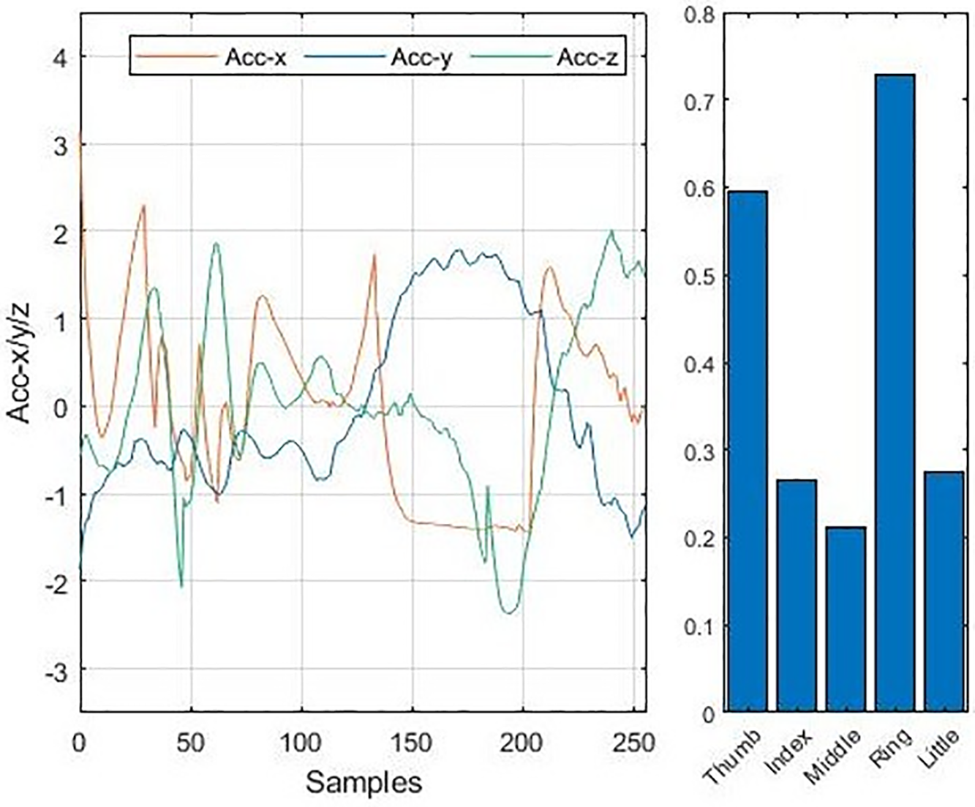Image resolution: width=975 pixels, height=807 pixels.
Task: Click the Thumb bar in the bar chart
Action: coord(747,451)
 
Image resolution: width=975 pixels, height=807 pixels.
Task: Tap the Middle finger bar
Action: coord(846,618)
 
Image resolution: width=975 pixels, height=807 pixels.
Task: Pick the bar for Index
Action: coord(797,595)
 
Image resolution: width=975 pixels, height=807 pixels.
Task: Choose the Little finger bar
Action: coord(944,591)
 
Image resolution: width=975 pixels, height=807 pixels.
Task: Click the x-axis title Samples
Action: coord(364,782)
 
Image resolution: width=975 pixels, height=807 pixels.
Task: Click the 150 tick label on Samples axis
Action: coord(413,743)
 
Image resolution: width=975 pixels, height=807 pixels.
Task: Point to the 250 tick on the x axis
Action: coord(633,743)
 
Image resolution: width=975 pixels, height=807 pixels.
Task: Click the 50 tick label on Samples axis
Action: coord(191,743)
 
